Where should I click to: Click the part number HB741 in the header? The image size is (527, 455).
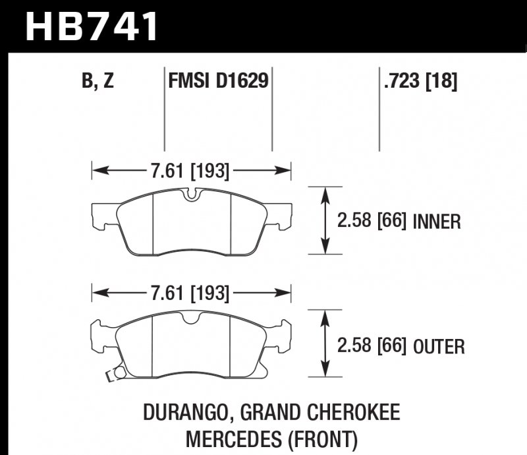point(92,26)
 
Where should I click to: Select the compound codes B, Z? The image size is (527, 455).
point(98,82)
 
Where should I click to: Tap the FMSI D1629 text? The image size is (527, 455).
point(217,82)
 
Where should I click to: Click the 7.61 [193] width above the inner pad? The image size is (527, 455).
point(190,172)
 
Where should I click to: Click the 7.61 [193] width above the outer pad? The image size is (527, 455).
point(190,292)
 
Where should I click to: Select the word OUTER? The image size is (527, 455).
point(439,346)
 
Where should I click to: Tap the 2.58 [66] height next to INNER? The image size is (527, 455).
point(372,221)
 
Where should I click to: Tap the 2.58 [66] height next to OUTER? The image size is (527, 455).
point(372,346)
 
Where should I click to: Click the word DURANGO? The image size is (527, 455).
point(182,413)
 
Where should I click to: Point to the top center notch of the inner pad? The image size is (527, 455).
point(192,195)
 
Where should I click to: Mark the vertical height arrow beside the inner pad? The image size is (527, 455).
point(324,221)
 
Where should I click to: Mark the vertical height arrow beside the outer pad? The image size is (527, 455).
point(324,346)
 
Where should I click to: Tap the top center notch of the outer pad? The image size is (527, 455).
point(192,319)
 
